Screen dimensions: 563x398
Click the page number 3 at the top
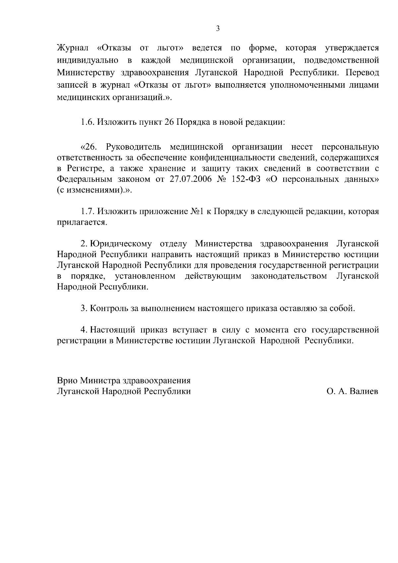[x=218, y=29]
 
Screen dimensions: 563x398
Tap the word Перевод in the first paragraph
[x=362, y=72]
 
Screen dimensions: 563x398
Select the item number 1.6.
[x=88, y=122]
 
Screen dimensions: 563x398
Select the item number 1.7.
[x=88, y=211]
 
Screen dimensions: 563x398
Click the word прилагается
[x=82, y=222]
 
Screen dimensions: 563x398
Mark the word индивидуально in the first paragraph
[x=88, y=60]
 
